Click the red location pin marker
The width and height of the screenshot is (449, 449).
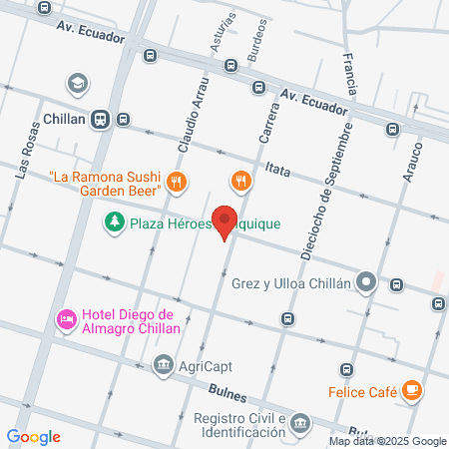point(225,221)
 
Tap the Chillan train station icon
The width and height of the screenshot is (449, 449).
point(100,119)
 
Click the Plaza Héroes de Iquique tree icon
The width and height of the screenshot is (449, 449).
point(116,223)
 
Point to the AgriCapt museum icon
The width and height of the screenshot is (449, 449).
point(162,365)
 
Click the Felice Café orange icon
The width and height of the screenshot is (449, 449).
point(413,391)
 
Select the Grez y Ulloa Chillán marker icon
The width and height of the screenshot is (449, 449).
point(367,282)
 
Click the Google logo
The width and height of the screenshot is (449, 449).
point(33,436)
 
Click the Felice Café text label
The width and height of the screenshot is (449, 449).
point(364,391)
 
